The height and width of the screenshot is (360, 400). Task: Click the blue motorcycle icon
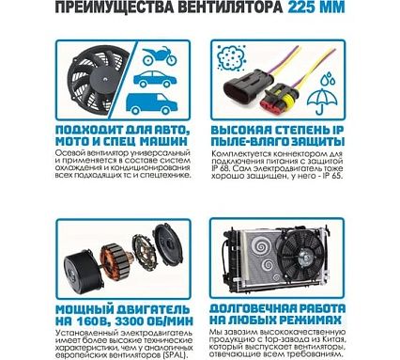coord(160,56)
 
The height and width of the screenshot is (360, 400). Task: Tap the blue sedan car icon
coord(155,79)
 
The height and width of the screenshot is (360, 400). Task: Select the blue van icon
coord(151,102)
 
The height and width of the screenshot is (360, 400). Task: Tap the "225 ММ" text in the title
coord(316,8)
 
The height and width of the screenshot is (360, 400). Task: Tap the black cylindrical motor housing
coord(83,271)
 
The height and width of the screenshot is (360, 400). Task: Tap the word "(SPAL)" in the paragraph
coord(176,355)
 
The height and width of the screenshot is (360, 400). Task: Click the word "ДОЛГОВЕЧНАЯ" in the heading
coord(253,308)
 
